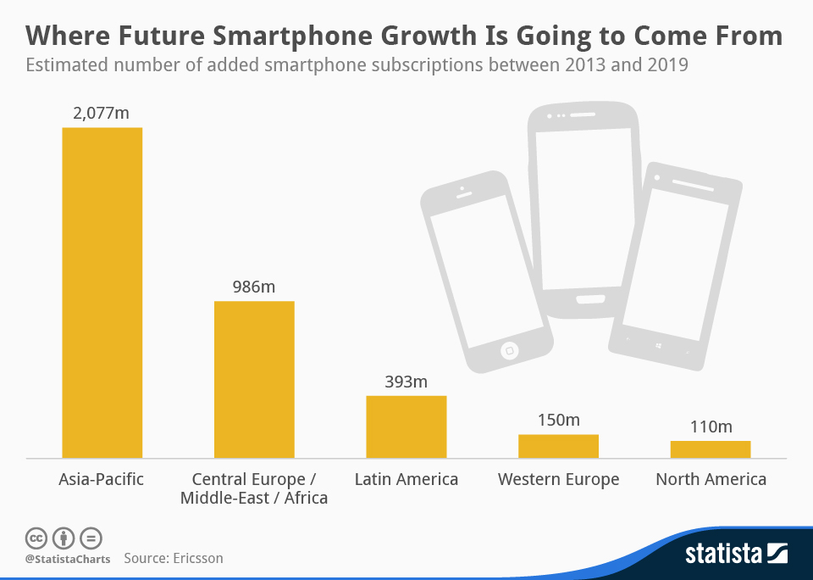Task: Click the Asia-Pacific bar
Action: [x=102, y=293]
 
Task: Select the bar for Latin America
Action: [x=406, y=427]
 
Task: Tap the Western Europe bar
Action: [x=558, y=446]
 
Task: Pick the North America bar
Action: [x=710, y=449]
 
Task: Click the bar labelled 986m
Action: [x=254, y=379]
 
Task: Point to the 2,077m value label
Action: [x=102, y=113]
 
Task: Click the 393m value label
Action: [x=406, y=382]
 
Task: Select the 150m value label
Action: [x=558, y=420]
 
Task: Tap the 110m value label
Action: [x=710, y=427]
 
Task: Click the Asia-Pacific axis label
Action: [x=102, y=479]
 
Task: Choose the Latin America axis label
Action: [x=406, y=479]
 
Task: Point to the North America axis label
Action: [x=711, y=479]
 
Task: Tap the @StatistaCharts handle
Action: [x=67, y=559]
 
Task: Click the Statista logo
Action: [x=736, y=555]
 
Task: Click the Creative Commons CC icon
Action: [x=36, y=538]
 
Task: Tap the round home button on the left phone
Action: [x=509, y=349]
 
